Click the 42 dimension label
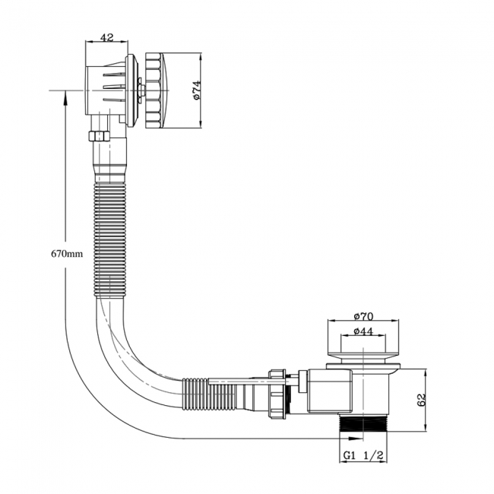coord(107,38)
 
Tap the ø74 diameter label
coord(196,90)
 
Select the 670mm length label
coord(67,253)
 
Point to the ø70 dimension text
coord(363,316)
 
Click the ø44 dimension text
coord(363,331)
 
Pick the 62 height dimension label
coord(421,400)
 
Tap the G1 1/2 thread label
coord(363,455)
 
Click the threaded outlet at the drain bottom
coord(363,423)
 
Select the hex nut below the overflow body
coord(100,136)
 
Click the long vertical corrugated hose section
coord(111,240)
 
